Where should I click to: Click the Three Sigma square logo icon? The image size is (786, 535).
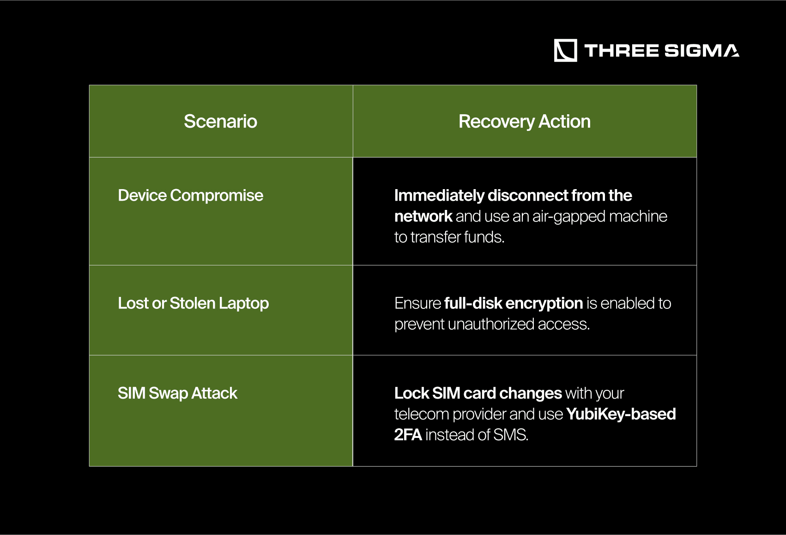[x=565, y=50]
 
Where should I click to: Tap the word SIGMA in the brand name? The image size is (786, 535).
[x=702, y=50]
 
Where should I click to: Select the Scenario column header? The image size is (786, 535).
[x=221, y=122]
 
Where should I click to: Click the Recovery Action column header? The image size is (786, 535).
[x=525, y=122]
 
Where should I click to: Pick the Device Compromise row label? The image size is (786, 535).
[x=191, y=196]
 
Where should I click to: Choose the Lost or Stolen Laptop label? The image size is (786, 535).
[x=193, y=303]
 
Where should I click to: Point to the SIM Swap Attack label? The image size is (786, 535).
[x=177, y=394]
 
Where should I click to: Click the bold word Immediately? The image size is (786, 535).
[x=439, y=196]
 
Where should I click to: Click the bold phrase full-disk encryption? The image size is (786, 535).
[x=514, y=303]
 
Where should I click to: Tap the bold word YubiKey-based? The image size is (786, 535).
[x=621, y=414]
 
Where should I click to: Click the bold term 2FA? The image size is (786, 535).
[x=408, y=435]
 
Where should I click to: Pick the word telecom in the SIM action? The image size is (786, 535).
[x=422, y=414]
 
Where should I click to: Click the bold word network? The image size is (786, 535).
[x=423, y=216]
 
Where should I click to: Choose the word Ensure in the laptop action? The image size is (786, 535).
[x=417, y=303]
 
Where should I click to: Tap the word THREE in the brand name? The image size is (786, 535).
[x=622, y=50]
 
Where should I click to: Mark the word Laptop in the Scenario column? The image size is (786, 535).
[x=244, y=304]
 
